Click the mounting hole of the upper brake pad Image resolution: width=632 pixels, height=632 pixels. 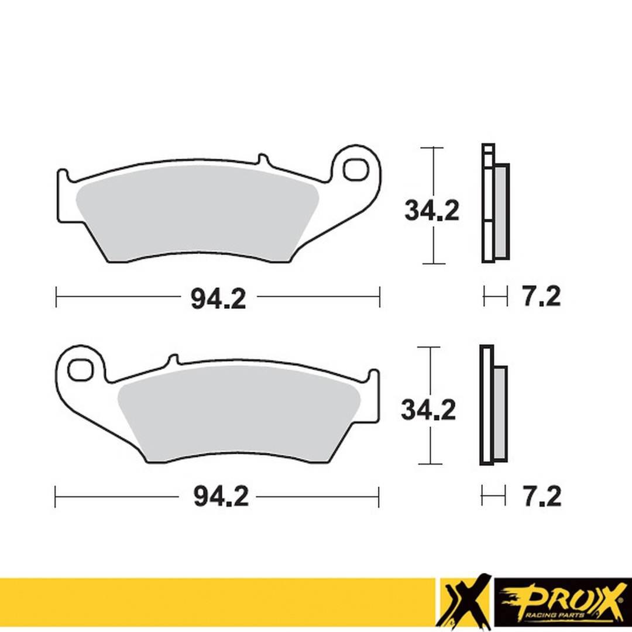pos(355,170)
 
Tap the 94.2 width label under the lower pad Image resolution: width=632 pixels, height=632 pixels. pos(221,497)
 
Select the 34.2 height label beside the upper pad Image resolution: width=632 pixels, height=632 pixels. pos(432,211)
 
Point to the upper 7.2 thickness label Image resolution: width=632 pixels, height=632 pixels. pos(541,297)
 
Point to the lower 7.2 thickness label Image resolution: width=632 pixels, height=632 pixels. pos(541,497)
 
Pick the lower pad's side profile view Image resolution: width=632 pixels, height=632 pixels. pos(493,405)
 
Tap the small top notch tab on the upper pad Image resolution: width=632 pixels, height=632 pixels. pos(262,159)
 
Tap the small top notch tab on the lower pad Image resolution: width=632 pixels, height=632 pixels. pos(172,359)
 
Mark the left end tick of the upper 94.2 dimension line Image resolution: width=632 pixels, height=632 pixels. pos(56,297)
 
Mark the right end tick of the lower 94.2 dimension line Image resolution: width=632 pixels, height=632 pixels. pos(379,497)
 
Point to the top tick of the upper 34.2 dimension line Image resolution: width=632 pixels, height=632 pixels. pos(433,147)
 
